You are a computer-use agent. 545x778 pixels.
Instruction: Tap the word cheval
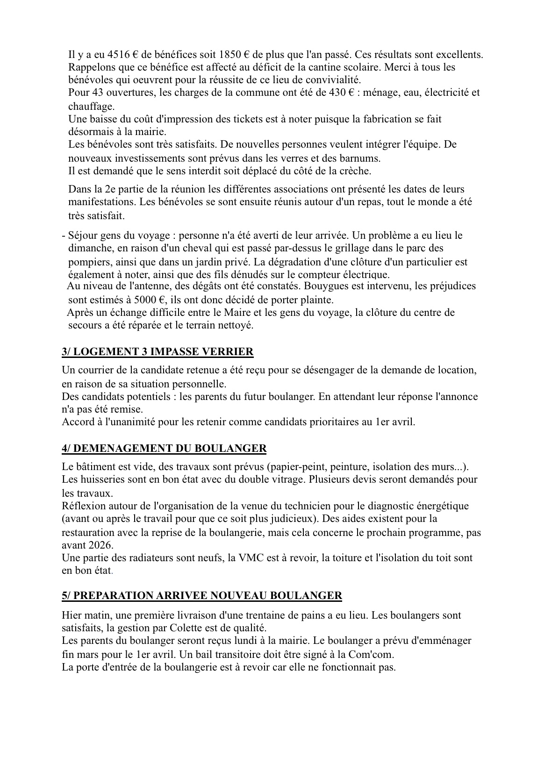pyautogui.click(x=181, y=248)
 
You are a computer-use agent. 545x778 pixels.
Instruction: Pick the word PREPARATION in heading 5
pyautogui.click(x=113, y=596)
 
